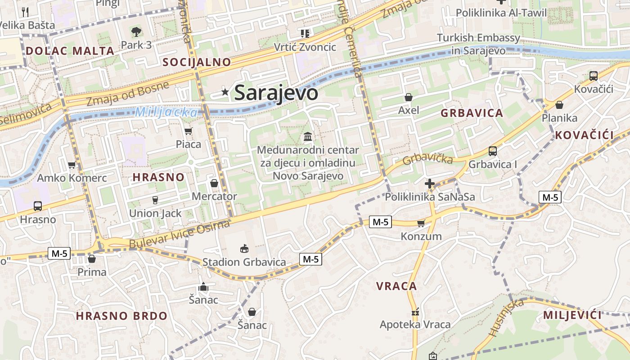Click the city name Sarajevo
tap(276, 93)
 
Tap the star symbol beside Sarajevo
tap(225, 92)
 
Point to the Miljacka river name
tap(166, 112)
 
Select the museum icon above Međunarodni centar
tap(308, 136)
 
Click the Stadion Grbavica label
tap(244, 262)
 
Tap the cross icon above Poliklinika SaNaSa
tap(430, 184)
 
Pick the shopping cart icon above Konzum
tap(421, 223)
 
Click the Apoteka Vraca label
tap(415, 324)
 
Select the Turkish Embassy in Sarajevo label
tap(478, 44)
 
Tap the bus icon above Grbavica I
tap(493, 151)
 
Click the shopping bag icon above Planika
tap(559, 105)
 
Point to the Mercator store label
tap(214, 196)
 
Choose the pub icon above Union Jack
tap(155, 200)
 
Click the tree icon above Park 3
tap(136, 31)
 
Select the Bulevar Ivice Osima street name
tap(180, 234)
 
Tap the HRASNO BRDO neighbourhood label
tap(121, 316)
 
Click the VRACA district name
tap(396, 286)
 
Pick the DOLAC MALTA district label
tap(70, 51)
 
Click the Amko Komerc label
tap(72, 178)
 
